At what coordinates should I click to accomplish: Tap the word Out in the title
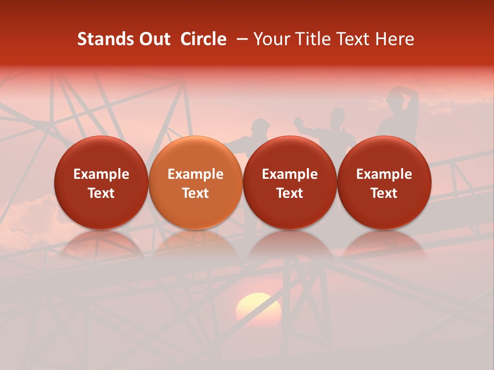[153, 40]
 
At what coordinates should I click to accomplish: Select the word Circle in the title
[203, 40]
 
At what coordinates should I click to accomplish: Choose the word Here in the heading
[395, 40]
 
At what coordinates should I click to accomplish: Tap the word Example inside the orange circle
[195, 174]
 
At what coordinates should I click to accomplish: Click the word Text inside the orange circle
[195, 193]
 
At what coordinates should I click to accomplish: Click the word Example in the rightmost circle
[384, 174]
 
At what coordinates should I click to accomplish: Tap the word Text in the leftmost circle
[101, 193]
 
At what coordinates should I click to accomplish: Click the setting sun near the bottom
[258, 308]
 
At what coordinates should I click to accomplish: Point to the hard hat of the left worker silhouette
[261, 123]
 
